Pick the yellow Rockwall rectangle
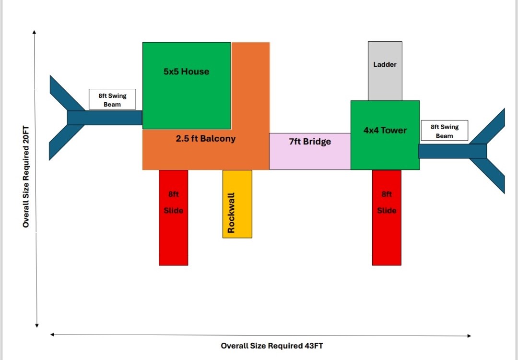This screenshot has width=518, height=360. point(237,204)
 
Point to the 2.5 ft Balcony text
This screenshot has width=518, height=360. point(206,139)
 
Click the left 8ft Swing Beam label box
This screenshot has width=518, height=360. point(112,100)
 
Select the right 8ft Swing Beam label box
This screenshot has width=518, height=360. point(444,131)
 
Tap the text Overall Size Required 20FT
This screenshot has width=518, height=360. point(26,177)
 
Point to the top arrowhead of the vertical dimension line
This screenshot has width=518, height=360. point(35,32)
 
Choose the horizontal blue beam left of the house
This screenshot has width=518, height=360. point(105,118)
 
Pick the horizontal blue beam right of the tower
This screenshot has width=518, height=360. point(452,151)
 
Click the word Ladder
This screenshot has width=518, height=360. point(385,64)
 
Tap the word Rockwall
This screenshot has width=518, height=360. point(231,213)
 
